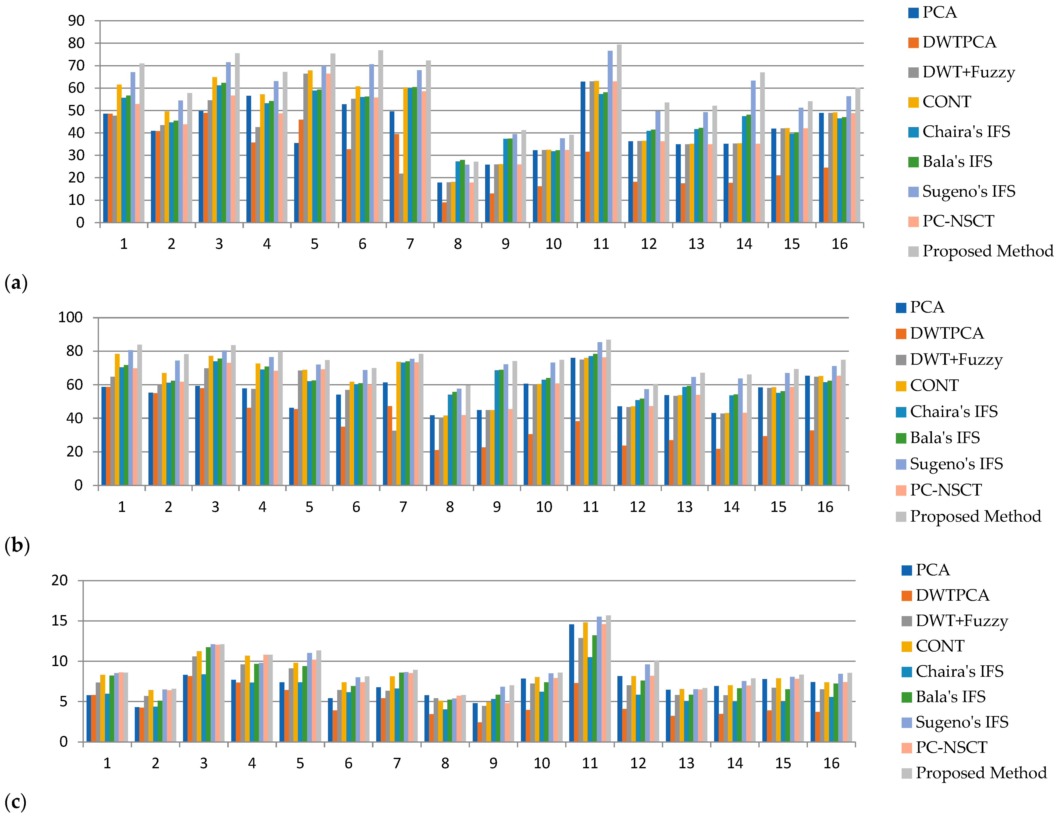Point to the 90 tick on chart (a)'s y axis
(77, 21)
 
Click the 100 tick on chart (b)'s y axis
(71, 318)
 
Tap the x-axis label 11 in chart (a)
(601, 244)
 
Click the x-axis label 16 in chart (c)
(831, 764)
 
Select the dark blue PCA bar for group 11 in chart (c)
(572, 683)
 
